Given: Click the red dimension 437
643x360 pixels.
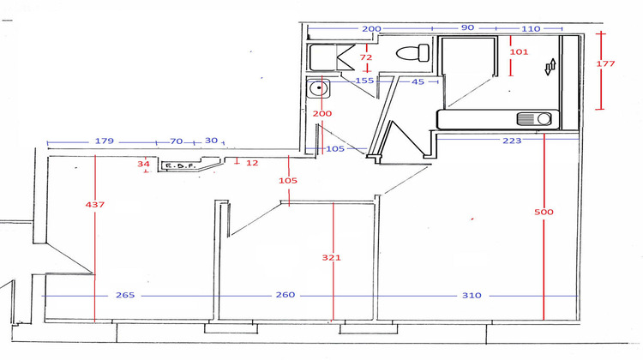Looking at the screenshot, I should tap(94, 205).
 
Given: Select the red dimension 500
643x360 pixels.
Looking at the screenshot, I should tap(544, 212).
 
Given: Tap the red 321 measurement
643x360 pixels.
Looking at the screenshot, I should tap(331, 256).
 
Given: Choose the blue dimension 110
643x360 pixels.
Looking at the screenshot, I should tap(531, 28).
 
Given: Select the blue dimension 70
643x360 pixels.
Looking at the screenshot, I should tap(176, 141).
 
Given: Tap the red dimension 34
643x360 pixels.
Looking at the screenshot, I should tap(144, 163).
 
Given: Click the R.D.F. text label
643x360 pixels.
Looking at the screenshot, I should tap(181, 166).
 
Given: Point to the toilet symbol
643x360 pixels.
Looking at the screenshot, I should tap(412, 53).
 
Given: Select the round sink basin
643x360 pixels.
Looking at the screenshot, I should tap(321, 87).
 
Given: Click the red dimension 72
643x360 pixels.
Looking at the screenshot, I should tap(367, 57).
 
